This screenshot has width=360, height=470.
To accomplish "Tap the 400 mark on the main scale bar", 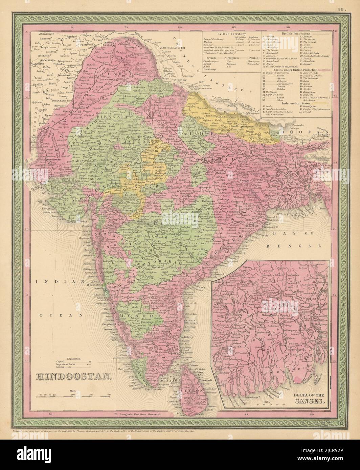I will (x=109, y=394).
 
